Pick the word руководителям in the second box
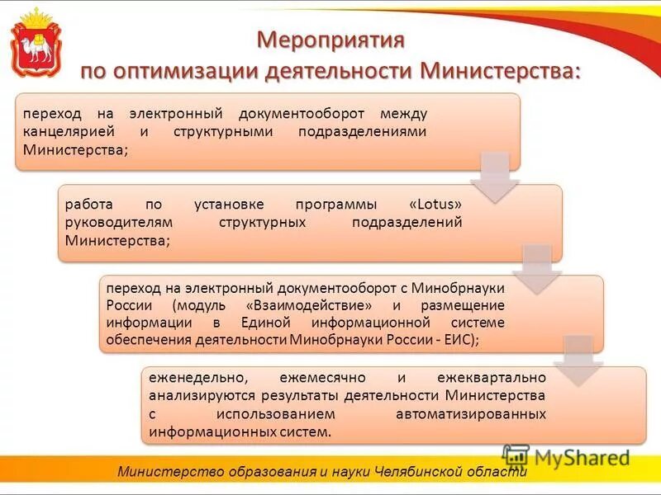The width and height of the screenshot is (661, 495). point(113,222)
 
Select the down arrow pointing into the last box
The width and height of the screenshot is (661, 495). point(578,360)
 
